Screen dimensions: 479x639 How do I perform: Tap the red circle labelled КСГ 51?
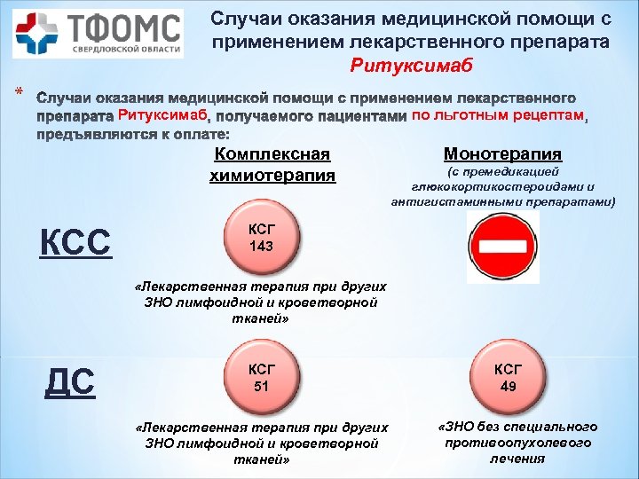click(x=261, y=379)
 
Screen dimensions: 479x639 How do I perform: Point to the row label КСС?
click(x=76, y=240)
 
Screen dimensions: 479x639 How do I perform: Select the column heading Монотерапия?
click(x=502, y=154)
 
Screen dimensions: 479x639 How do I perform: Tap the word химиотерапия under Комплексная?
click(x=272, y=175)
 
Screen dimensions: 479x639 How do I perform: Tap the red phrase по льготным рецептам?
click(x=499, y=115)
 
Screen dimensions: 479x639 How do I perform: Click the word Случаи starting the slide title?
click(x=245, y=19)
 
